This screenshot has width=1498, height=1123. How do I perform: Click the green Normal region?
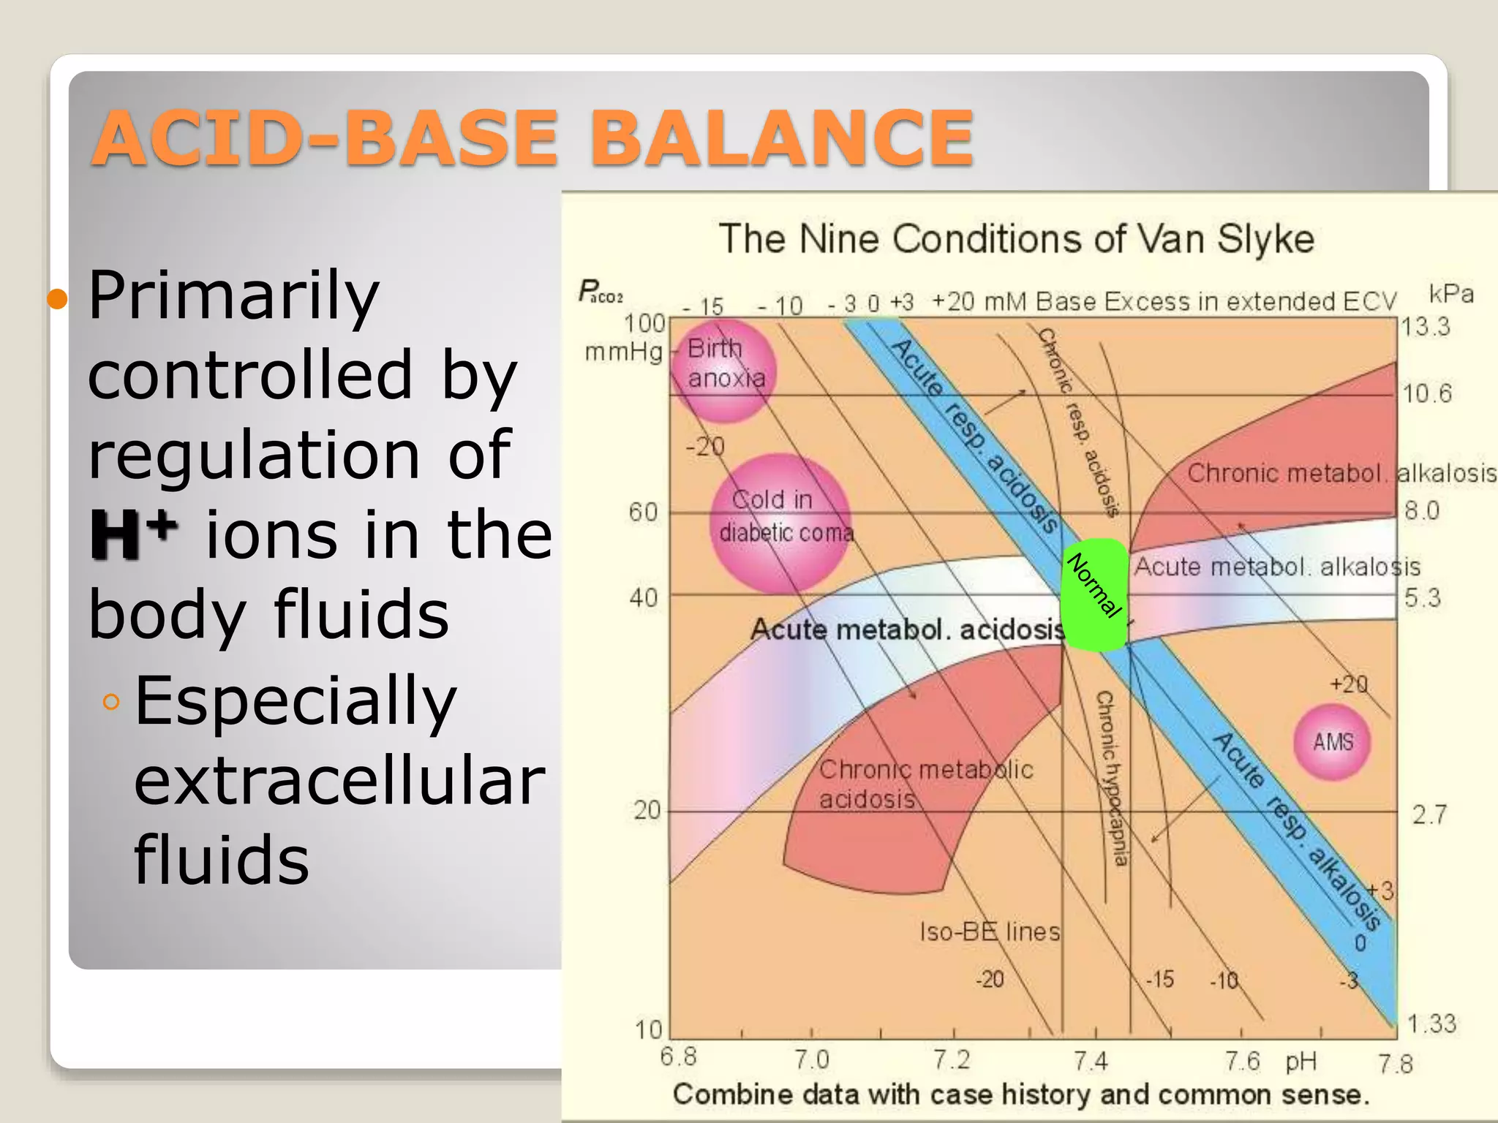[1094, 595]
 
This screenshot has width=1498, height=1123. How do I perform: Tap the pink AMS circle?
[1332, 741]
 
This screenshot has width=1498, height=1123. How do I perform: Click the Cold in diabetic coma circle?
[781, 522]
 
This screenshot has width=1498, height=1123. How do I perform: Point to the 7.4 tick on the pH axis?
[1091, 1060]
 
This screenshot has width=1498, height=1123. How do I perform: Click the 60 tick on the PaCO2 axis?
[644, 512]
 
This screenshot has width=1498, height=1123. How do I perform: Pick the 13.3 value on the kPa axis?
[1426, 326]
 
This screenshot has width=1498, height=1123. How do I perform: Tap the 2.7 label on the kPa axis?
[1429, 814]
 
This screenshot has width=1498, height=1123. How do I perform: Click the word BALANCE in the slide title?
[787, 137]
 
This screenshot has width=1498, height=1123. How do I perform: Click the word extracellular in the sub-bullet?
[339, 781]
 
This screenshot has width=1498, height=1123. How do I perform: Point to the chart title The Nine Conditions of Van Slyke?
[1016, 239]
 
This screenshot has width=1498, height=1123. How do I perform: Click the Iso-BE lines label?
[990, 931]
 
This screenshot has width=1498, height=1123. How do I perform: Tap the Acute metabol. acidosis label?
[907, 629]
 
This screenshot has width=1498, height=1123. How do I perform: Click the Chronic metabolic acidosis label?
[925, 784]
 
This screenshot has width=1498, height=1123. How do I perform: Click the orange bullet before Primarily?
[57, 298]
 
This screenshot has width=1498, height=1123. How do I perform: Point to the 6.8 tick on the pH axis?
[678, 1057]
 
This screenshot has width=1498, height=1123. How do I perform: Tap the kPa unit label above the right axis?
[1451, 293]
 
